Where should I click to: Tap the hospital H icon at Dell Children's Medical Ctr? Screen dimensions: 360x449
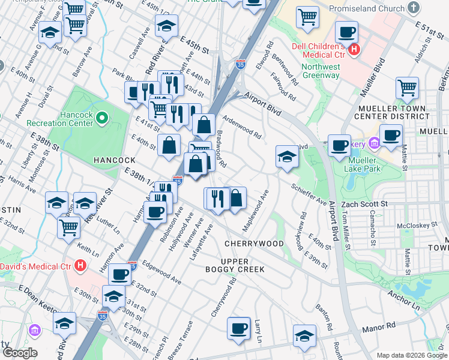(354, 50)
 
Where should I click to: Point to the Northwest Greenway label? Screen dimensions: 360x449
(321, 71)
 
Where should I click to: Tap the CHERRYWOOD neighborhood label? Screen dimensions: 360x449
(254, 244)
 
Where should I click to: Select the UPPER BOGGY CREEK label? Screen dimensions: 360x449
(242, 266)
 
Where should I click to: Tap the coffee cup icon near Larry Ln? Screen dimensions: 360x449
(239, 328)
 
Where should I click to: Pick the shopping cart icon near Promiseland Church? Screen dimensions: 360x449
(308, 18)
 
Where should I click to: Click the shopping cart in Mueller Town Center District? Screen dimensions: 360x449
(407, 88)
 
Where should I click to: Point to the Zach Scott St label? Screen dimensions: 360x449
(364, 204)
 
